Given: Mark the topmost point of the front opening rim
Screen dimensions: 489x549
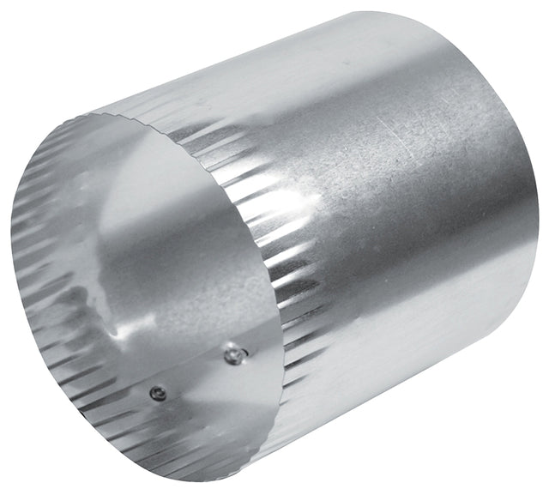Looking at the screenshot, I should [129, 118].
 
